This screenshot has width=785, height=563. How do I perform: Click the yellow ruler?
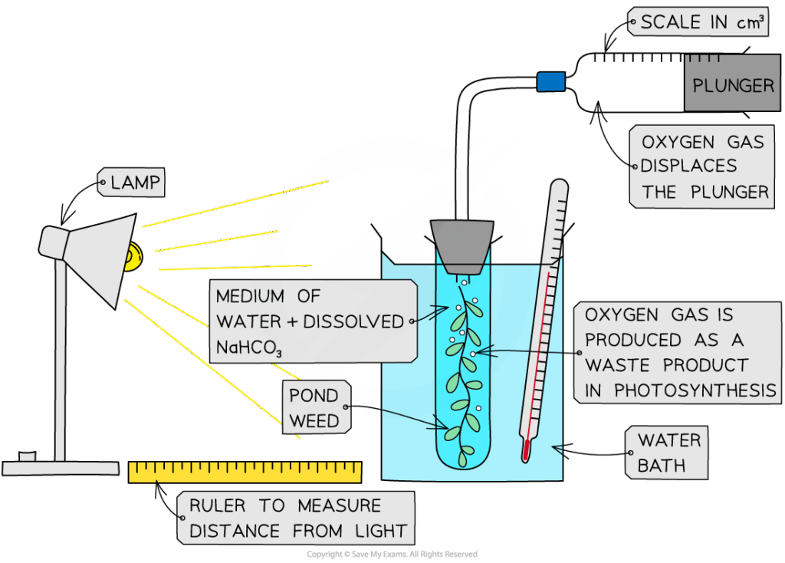(245, 472)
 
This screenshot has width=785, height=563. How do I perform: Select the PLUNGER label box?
(733, 84)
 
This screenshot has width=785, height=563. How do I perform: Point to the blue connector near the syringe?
(550, 81)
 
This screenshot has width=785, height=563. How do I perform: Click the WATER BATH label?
(668, 453)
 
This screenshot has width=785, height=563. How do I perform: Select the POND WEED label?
(314, 408)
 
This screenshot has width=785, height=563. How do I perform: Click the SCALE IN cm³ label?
(702, 23)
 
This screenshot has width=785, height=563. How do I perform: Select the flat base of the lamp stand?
(61, 467)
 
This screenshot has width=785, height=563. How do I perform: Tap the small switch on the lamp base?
(28, 456)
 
